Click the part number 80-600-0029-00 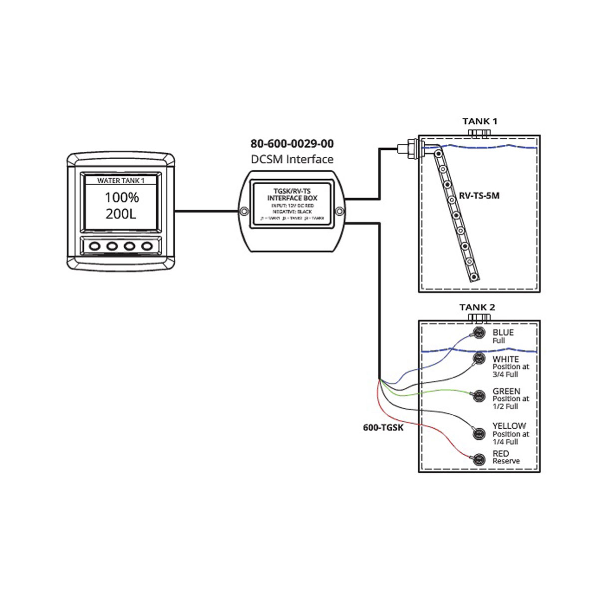(292, 144)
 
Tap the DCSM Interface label (292, 159)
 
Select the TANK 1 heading (480, 121)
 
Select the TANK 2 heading (477, 307)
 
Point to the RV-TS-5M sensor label (479, 196)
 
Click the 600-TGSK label (383, 428)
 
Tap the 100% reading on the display (122, 198)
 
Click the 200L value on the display (121, 214)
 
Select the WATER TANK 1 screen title (121, 181)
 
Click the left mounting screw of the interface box (243, 212)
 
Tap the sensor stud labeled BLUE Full (479, 333)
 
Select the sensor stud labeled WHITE (479, 358)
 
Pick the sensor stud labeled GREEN (479, 396)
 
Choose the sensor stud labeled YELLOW (479, 433)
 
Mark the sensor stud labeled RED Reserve (479, 459)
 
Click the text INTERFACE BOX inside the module (292, 198)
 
